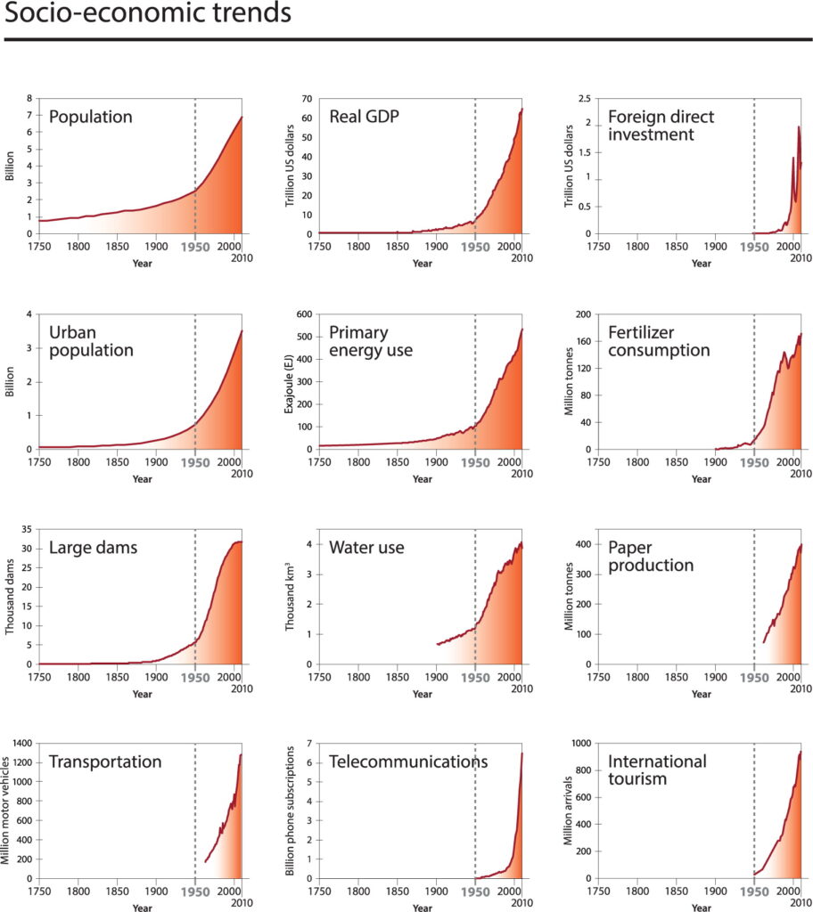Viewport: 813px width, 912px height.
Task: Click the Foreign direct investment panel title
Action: (661, 126)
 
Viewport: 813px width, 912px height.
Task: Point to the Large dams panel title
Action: (94, 547)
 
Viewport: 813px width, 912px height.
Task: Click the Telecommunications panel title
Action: (408, 761)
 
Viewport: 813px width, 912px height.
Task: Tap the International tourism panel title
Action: (657, 771)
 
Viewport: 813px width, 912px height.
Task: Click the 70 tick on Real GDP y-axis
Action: (306, 98)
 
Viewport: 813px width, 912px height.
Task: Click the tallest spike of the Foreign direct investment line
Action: (799, 127)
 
